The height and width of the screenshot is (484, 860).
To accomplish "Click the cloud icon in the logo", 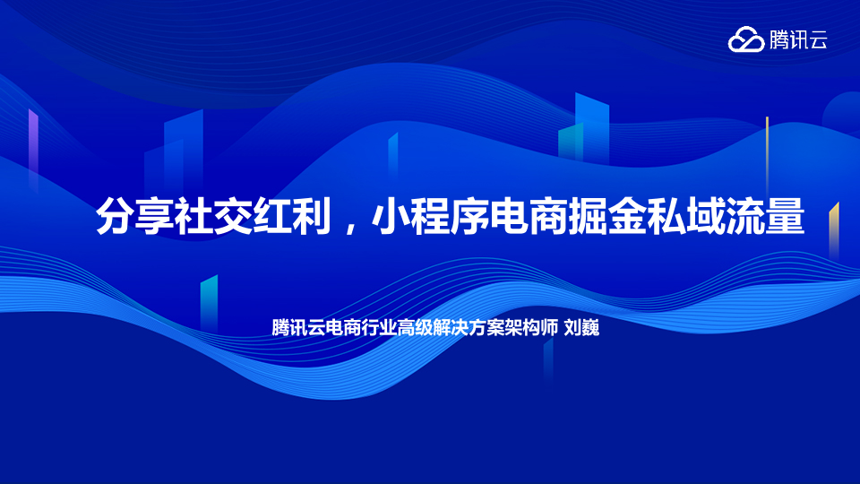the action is pos(746,39).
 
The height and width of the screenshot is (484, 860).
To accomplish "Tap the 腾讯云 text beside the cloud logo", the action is pos(798,39).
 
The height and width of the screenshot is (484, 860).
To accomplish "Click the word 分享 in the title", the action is pos(135,216).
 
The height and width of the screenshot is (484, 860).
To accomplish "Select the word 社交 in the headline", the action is pos(213,216).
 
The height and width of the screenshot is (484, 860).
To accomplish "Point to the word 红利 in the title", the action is pos(292,216).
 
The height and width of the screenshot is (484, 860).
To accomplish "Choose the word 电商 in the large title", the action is pos(529,216).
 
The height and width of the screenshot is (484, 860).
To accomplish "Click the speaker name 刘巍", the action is pos(582,328).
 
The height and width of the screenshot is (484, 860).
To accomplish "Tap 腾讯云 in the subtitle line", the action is pos(298,328).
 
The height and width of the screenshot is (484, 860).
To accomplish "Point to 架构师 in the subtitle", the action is pos(531,328).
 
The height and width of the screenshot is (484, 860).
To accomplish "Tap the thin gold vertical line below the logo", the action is pos(768,153).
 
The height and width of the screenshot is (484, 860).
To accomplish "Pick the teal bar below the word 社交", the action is pos(209,303).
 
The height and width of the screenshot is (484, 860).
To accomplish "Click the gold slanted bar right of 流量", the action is pos(834,230).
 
